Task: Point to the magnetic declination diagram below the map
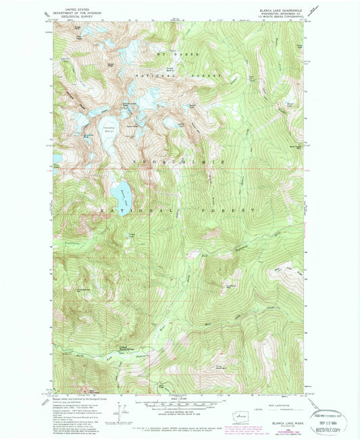tap(123, 407)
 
